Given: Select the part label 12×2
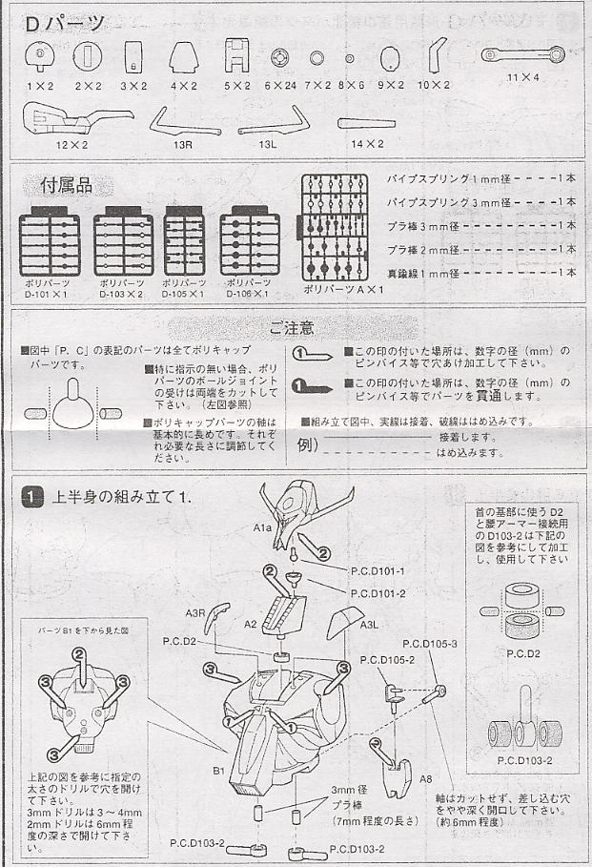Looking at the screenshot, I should [71, 144].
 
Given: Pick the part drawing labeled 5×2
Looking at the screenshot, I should [235, 59].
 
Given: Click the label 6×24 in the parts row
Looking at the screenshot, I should [280, 86].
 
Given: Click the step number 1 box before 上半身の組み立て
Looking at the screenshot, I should [31, 497].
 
